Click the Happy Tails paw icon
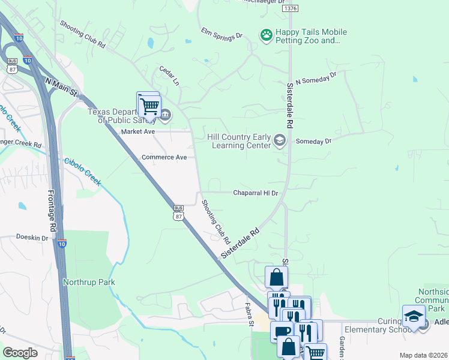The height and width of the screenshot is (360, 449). point(266,36)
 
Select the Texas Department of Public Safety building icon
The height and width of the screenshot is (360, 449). point(165,115)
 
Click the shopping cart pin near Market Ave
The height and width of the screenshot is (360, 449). point(149,106)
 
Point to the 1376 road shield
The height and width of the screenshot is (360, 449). point(291,8)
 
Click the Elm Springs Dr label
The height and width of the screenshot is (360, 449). point(221,32)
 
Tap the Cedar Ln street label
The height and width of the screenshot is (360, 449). point(169,75)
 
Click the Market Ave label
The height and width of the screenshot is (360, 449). point(138,131)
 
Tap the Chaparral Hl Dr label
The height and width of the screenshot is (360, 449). point(256,193)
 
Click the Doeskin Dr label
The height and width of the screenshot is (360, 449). point(32,238)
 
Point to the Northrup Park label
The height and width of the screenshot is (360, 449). point(89,282)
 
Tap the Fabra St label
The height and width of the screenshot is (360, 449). point(249,314)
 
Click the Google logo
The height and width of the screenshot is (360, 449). point(20,353)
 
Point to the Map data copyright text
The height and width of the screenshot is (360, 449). point(423,355)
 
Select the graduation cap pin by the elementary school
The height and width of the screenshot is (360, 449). point(414,316)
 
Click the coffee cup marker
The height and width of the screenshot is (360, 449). point(281,331)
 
